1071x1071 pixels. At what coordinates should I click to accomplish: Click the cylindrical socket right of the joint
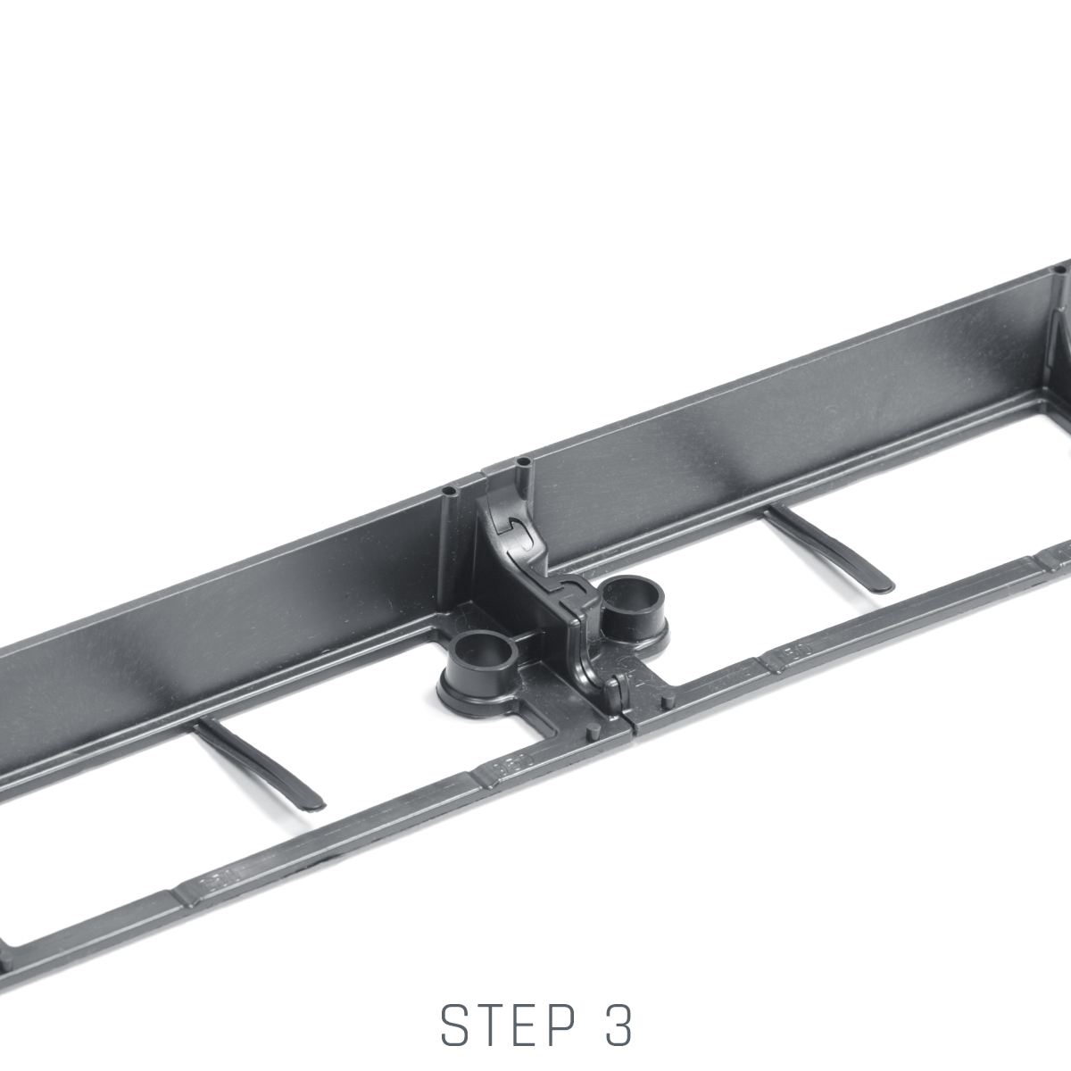pyautogui.click(x=634, y=607)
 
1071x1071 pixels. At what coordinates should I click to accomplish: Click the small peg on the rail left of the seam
pyautogui.click(x=594, y=731)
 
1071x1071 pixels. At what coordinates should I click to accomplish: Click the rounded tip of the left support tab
pyautogui.click(x=314, y=802)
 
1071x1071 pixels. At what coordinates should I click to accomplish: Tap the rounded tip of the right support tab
pyautogui.click(x=884, y=585)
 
